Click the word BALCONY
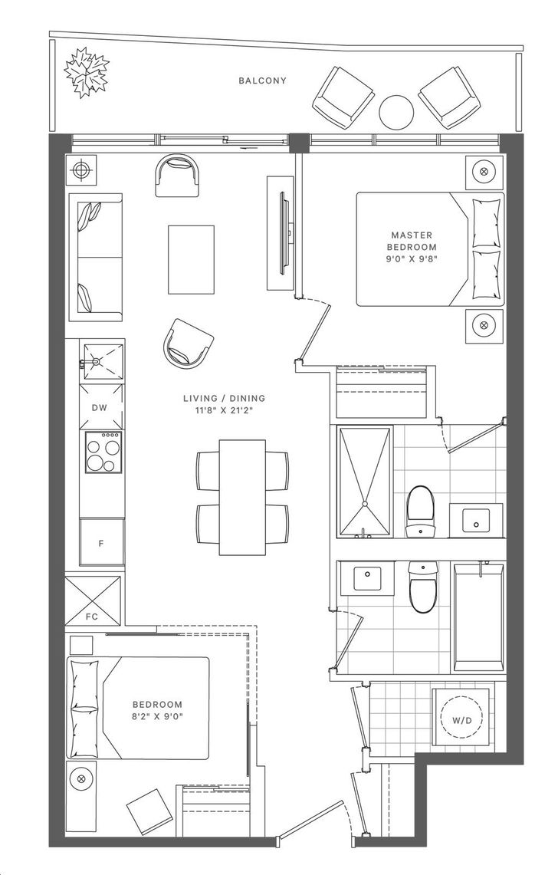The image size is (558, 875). coord(262,81)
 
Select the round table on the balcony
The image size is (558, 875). coord(396,112)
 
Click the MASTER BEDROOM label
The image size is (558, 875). coord(413,241)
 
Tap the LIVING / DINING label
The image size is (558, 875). coord(225,399)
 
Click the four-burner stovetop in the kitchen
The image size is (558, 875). coord(103,452)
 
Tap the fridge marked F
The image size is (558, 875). coord(101,541)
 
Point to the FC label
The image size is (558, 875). coord(91,617)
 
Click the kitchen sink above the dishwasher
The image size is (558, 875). coord(101,362)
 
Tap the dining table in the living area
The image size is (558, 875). coord(242,497)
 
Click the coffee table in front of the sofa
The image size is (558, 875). coord(192,259)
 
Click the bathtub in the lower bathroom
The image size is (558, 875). coord(478,617)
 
